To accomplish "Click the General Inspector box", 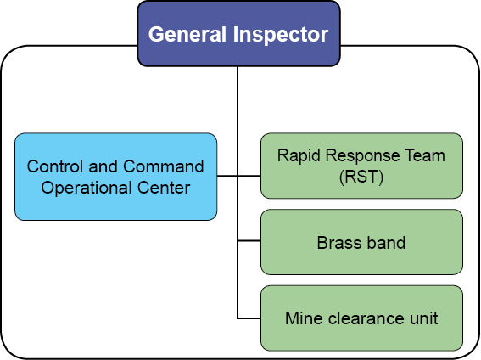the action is tap(238, 33).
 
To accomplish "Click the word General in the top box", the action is tap(187, 34).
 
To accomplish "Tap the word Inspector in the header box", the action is tap(281, 35).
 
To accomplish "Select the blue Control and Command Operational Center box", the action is tap(116, 177).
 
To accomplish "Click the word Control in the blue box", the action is tap(55, 166).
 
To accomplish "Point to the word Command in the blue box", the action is tap(164, 166).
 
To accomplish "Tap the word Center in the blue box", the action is tap(164, 188).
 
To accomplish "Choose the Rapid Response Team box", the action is tap(361, 166).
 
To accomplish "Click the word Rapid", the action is tap(299, 155).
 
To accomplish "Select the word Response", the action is tap(362, 155).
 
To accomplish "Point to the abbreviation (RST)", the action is tap(361, 177).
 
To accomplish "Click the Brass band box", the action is tap(361, 242).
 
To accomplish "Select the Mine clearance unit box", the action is tap(361, 318).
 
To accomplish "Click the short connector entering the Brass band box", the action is tap(249, 241).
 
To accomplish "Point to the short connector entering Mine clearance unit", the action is tap(249, 318).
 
